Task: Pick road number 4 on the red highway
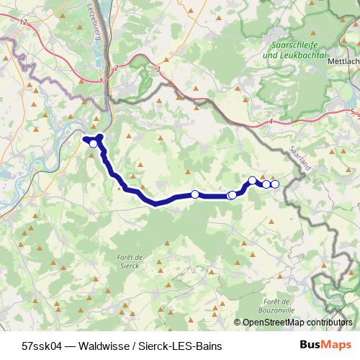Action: [270, 122]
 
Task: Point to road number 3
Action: [157, 69]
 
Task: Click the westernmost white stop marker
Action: [93, 144]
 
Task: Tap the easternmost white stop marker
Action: [275, 184]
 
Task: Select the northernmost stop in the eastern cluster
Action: [253, 180]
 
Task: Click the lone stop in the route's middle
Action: [194, 194]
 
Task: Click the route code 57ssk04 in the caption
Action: [42, 346]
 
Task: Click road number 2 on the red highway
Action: [115, 67]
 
